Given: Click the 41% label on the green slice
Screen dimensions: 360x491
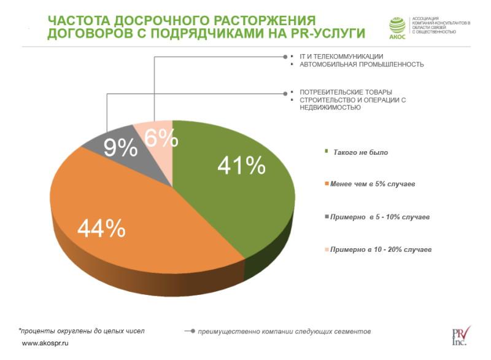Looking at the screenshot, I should pos(241,165).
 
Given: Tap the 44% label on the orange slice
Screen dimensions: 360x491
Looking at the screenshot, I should pos(102,229).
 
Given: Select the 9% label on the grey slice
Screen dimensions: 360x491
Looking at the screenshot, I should pos(120,147).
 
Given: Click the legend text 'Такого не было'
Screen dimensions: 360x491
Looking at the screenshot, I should pos(360,152).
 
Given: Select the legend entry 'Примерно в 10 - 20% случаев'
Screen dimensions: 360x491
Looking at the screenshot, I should pos(381,250).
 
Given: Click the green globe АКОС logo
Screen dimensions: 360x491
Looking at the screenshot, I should pos(398,26).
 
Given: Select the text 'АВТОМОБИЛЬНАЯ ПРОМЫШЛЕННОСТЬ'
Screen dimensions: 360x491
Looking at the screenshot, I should pos(361,65).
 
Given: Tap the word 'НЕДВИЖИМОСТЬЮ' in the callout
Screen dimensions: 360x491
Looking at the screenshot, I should pos(330,108).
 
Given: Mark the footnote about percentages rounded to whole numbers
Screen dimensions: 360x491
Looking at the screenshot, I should pos(82,331).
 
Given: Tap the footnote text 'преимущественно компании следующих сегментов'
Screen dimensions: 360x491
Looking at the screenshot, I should pos(284,332).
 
